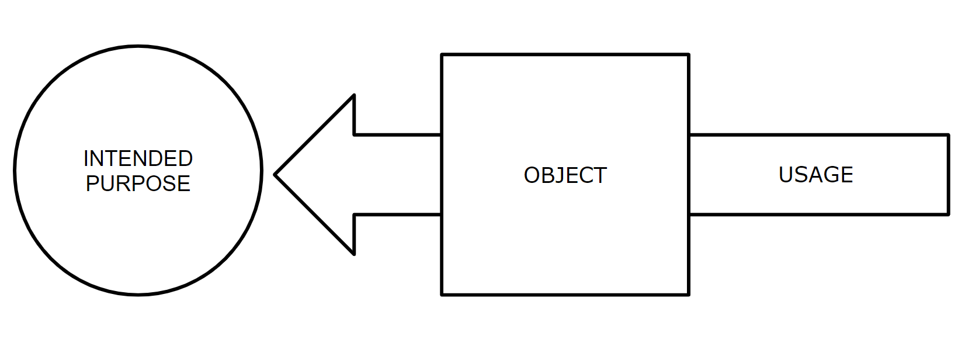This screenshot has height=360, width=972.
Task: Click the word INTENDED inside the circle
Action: (138, 158)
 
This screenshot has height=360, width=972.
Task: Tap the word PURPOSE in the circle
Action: (138, 184)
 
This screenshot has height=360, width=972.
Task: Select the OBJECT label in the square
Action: (565, 175)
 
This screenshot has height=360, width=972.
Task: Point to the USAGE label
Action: (815, 175)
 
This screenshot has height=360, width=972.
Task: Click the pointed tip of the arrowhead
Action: (275, 175)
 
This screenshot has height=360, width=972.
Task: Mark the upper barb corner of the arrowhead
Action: (354, 95)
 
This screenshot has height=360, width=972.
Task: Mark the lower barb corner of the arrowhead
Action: (354, 254)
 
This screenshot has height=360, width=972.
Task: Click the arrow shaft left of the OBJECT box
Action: (397, 175)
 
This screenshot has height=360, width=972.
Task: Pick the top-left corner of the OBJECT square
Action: (442, 55)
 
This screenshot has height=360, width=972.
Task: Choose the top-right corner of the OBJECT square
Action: (689, 55)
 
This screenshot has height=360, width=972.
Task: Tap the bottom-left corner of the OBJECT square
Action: (442, 295)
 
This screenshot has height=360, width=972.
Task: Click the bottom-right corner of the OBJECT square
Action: (689, 295)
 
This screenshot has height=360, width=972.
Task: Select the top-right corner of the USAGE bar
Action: (948, 136)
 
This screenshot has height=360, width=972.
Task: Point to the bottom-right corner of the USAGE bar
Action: (948, 214)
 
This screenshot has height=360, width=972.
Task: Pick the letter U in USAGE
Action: (786, 175)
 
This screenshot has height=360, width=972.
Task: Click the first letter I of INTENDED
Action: (86, 158)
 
